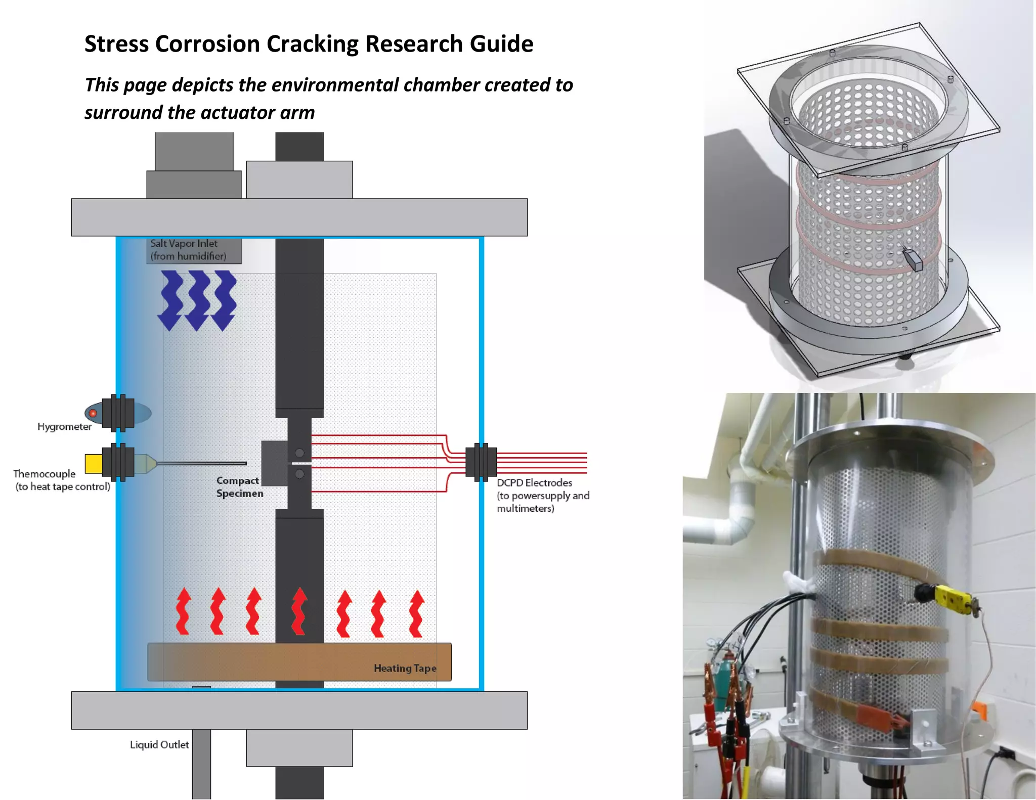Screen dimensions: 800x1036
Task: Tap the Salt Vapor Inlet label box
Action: pyautogui.click(x=194, y=250)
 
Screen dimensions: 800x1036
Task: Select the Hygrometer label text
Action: pyautogui.click(x=65, y=427)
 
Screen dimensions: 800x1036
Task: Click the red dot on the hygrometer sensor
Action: pyautogui.click(x=93, y=413)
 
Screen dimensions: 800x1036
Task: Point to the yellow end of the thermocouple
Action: pyautogui.click(x=93, y=463)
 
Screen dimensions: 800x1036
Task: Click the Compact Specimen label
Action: pyautogui.click(x=239, y=487)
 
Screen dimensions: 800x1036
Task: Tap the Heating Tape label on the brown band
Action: pyautogui.click(x=405, y=669)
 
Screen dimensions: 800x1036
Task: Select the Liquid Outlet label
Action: pyautogui.click(x=159, y=745)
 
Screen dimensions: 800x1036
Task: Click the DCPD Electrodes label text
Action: pyautogui.click(x=535, y=483)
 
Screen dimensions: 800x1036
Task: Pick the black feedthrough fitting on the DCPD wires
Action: pyautogui.click(x=481, y=462)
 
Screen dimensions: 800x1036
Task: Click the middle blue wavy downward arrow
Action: pyautogui.click(x=198, y=300)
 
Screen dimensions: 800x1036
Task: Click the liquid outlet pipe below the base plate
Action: pyautogui.click(x=201, y=764)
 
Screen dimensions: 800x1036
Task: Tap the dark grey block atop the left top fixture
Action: pyautogui.click(x=194, y=151)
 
